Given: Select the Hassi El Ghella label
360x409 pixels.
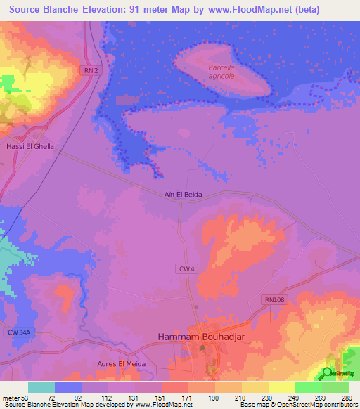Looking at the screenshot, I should pos(30,147).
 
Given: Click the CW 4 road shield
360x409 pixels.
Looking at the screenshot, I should pos(184,268).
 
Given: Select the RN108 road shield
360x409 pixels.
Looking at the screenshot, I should pos(275,299).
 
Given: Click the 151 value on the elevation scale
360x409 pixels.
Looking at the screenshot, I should pos(148,398).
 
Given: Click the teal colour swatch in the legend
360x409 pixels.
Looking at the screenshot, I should pos(41,387).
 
